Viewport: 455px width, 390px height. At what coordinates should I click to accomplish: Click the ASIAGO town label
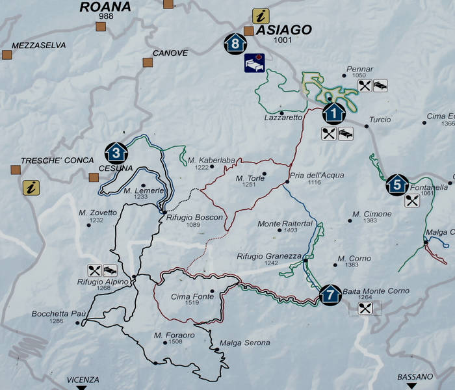point(284,29)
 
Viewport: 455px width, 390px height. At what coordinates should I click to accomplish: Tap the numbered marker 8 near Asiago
point(235,44)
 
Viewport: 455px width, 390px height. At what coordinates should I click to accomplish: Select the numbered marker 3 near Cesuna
point(116,153)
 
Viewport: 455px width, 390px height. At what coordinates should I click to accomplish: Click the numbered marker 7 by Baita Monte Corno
point(330,294)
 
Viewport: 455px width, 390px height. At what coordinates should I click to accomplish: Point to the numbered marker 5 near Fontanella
point(396,185)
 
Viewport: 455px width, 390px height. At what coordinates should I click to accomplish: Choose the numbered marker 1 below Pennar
point(333,114)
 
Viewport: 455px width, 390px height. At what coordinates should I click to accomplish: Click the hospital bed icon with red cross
point(253,63)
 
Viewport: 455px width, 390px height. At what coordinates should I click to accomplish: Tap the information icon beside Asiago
point(261,17)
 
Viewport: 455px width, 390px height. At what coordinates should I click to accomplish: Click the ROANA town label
point(105,8)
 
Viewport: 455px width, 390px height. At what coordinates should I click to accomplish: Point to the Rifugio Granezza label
point(261,256)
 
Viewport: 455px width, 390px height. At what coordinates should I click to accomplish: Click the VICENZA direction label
point(83,379)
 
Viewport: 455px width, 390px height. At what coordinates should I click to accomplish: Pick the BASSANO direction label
point(415,376)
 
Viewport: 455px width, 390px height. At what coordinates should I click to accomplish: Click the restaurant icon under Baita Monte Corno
point(365,308)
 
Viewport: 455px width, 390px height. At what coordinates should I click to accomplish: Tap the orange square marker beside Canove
point(148,63)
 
